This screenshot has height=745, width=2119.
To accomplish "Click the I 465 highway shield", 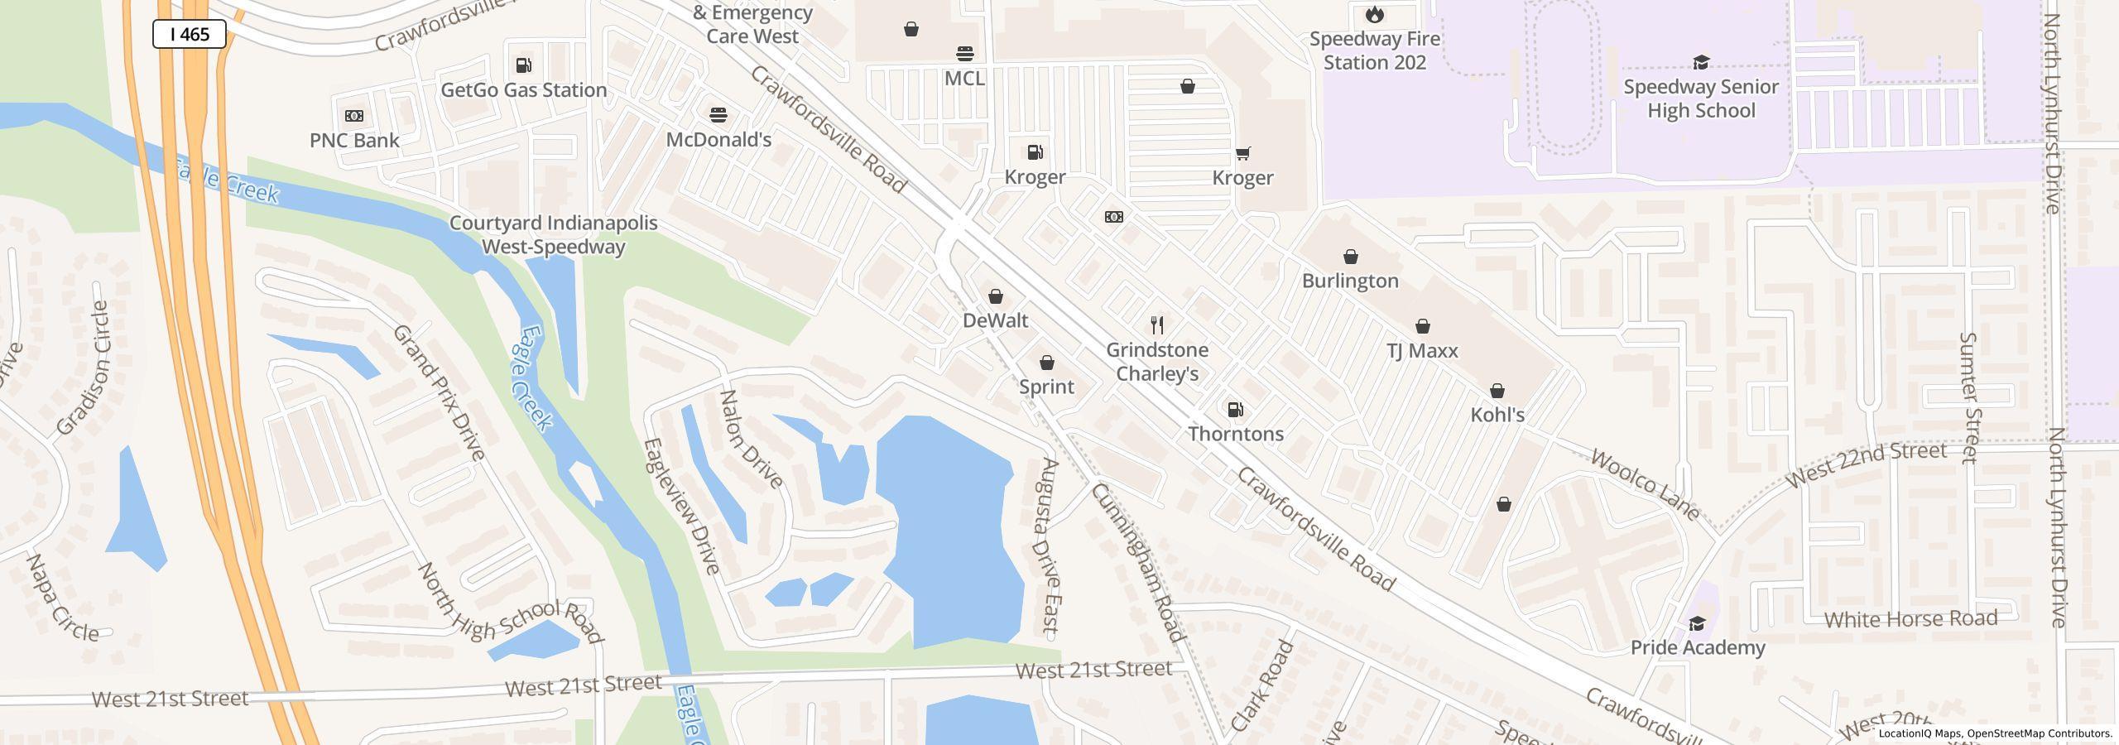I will click(x=189, y=34).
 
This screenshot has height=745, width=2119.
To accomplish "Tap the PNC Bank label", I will click(x=354, y=140).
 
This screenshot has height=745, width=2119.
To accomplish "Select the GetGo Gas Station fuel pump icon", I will click(x=523, y=65).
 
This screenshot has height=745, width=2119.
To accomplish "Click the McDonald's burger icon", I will click(x=718, y=114).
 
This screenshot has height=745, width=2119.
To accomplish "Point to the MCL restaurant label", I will click(x=964, y=78).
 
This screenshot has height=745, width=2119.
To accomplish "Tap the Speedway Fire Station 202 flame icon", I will click(x=1374, y=14).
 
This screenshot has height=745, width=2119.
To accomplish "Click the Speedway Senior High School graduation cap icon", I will click(x=1700, y=62).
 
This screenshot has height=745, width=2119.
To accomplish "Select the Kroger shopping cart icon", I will click(x=1242, y=153).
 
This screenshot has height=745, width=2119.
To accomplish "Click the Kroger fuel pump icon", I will click(x=1035, y=152).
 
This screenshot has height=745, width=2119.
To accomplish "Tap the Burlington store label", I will click(x=1350, y=281).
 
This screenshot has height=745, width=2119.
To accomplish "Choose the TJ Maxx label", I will click(x=1422, y=350).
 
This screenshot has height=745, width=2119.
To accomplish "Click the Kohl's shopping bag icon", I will click(x=1497, y=391).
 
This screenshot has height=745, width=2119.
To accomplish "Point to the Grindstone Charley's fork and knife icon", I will click(x=1157, y=324).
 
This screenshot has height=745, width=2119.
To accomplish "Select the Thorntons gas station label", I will click(x=1236, y=434).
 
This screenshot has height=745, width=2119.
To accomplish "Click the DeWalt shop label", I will click(x=995, y=320).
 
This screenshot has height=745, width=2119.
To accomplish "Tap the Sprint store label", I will click(x=1046, y=387).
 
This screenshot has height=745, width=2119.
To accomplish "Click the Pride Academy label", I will click(x=1697, y=647).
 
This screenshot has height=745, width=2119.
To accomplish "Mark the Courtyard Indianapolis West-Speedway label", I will click(x=553, y=235).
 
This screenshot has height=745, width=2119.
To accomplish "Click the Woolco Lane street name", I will click(x=1645, y=486).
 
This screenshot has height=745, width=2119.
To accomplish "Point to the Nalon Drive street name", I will click(x=751, y=440).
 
